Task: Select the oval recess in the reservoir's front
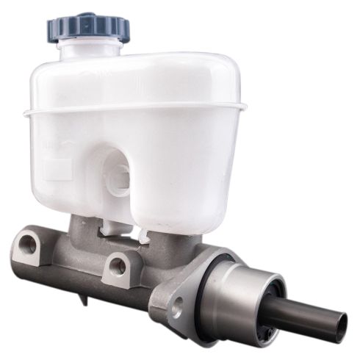(118, 176)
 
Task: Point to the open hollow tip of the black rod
(339, 323)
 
